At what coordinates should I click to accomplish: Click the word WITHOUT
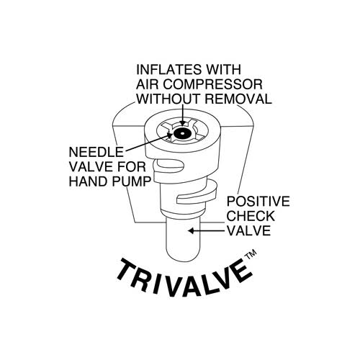[x=169, y=99]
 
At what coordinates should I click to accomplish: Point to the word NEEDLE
[x=96, y=152]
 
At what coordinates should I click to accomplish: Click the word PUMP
[x=131, y=181]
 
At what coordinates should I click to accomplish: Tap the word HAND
[x=89, y=181]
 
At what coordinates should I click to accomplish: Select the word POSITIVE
[x=258, y=201]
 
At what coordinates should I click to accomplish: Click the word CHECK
[x=251, y=216]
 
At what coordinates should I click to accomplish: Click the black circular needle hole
[x=182, y=133]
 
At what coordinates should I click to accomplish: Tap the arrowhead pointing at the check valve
[x=191, y=231]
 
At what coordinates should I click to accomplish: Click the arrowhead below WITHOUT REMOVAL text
[x=183, y=123]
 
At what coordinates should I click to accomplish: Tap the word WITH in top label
[x=224, y=70]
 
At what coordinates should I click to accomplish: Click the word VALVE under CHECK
[x=248, y=230]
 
